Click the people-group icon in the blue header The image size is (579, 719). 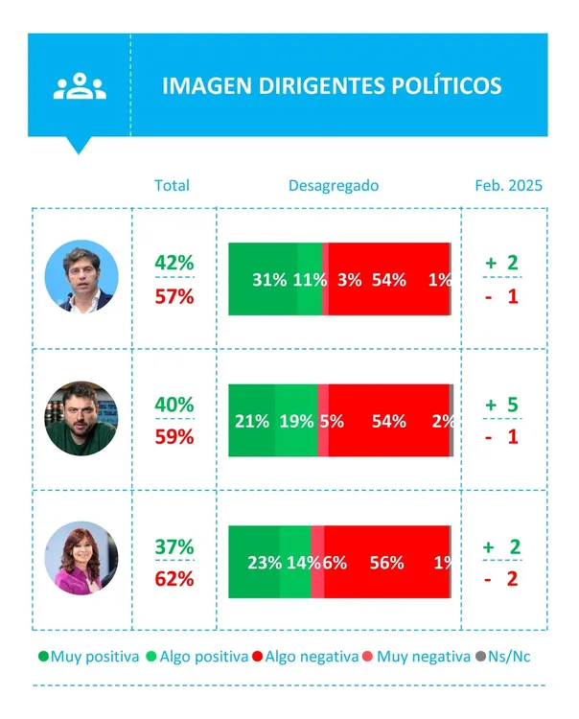pos(80,85)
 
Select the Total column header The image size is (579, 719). pos(172,186)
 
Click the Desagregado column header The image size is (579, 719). pos(334,186)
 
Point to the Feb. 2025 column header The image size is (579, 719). pos(508,186)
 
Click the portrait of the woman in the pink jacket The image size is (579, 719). pos(81,558)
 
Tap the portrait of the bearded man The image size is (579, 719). pos(81,418)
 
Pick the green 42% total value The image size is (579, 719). pos(174,263)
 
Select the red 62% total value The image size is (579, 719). pos(174,579)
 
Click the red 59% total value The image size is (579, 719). pos(174,437)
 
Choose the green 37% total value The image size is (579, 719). pos(174,546)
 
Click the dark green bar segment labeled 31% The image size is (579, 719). pos(266,280)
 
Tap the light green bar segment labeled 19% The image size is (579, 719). pos(296,421)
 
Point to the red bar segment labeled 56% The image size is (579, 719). pos(387,563)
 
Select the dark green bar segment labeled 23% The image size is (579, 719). pos(257,563)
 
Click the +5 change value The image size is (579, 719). pos(502,406)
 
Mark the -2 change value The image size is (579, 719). pos(502,579)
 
